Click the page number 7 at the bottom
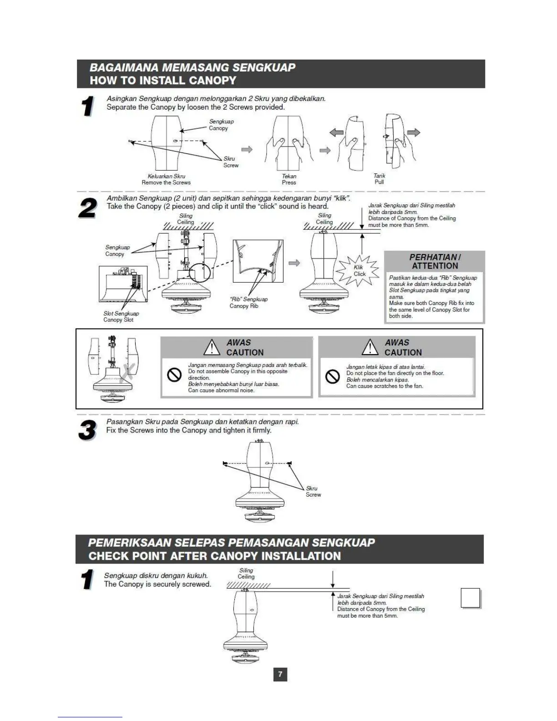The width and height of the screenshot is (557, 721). click(x=280, y=674)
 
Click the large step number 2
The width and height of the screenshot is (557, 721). click(x=88, y=208)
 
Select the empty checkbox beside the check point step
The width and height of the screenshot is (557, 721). click(x=471, y=598)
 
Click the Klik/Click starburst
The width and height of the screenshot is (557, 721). click(x=359, y=271)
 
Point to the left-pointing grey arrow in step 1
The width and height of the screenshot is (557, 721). click(x=336, y=132)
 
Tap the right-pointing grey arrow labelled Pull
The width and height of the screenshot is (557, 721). click(x=414, y=132)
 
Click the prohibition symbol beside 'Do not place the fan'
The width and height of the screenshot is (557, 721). click(x=333, y=377)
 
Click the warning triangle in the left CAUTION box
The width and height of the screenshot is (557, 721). click(x=212, y=347)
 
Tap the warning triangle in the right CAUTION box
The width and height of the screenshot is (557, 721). click(x=370, y=347)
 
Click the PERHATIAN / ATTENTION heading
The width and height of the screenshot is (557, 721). click(x=435, y=261)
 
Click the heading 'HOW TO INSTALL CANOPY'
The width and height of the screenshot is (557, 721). click(x=163, y=81)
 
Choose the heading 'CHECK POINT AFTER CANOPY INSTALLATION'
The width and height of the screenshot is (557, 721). click(x=214, y=556)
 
